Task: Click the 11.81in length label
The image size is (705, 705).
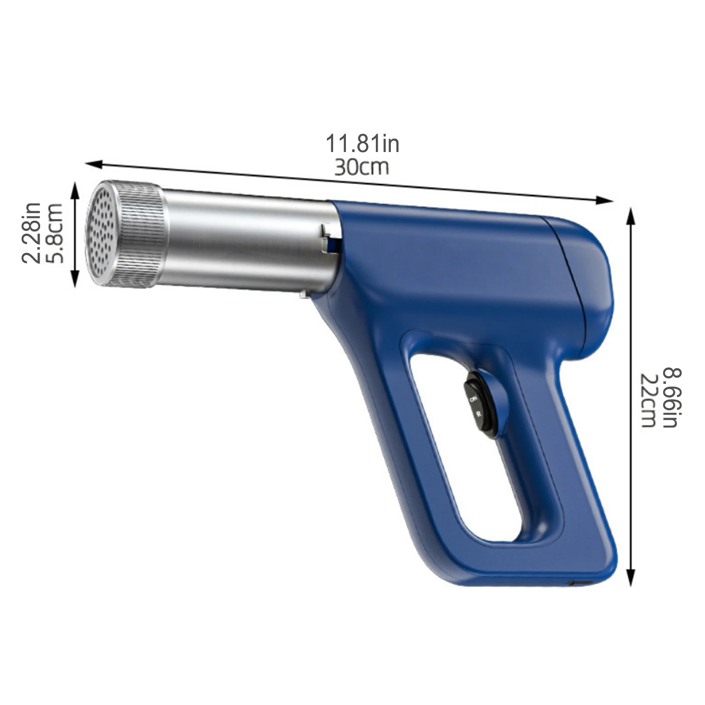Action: pyautogui.click(x=362, y=144)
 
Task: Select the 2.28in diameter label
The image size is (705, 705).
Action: pyautogui.click(x=32, y=233)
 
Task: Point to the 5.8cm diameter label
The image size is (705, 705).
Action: pyautogui.click(x=55, y=233)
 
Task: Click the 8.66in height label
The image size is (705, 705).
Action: pyautogui.click(x=672, y=397)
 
